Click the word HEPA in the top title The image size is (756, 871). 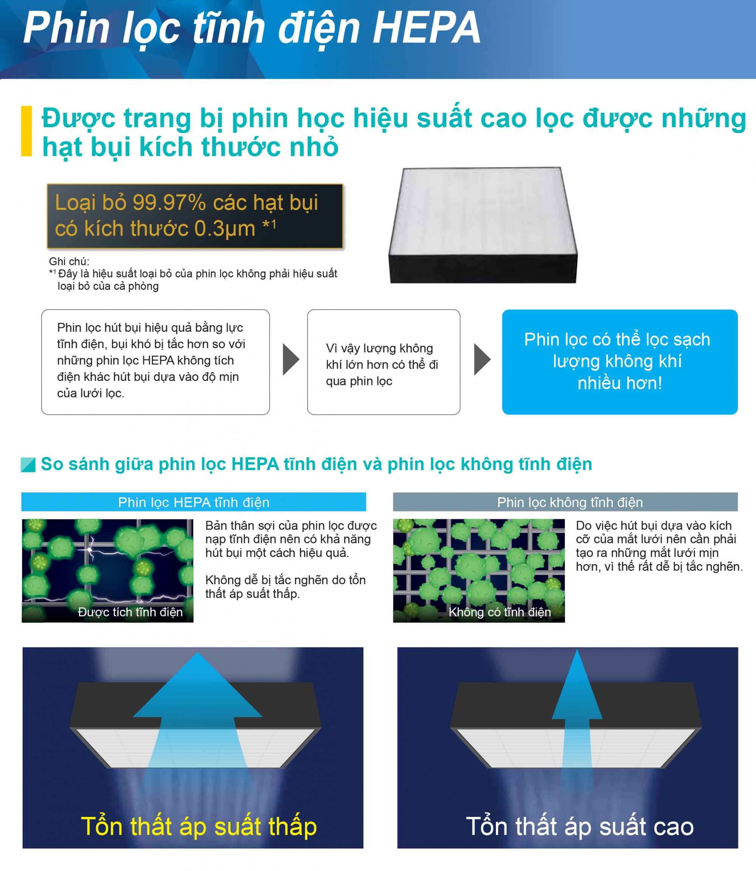tap(426, 28)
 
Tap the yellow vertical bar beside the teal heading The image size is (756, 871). tap(26, 131)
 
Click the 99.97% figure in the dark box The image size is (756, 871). tap(169, 203)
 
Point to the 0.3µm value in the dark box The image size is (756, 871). tap(225, 229)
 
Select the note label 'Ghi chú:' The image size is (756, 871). tap(69, 261)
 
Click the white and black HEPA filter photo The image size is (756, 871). tap(483, 225)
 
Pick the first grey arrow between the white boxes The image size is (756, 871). tap(291, 359)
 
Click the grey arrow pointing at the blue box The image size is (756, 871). tap(483, 359)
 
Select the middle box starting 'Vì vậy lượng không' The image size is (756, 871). tap(384, 362)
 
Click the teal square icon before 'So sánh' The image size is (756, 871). tap(28, 464)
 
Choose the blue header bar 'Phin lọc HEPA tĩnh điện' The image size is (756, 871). tap(194, 502)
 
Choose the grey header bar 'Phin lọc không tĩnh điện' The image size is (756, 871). tap(565, 502)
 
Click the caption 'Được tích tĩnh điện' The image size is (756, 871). tap(130, 612)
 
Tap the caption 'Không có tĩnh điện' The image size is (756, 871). tap(500, 612)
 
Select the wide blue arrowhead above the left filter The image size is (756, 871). tap(197, 685)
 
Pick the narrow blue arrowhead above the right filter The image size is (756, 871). tap(577, 684)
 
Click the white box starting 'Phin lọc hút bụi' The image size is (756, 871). tap(155, 362)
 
